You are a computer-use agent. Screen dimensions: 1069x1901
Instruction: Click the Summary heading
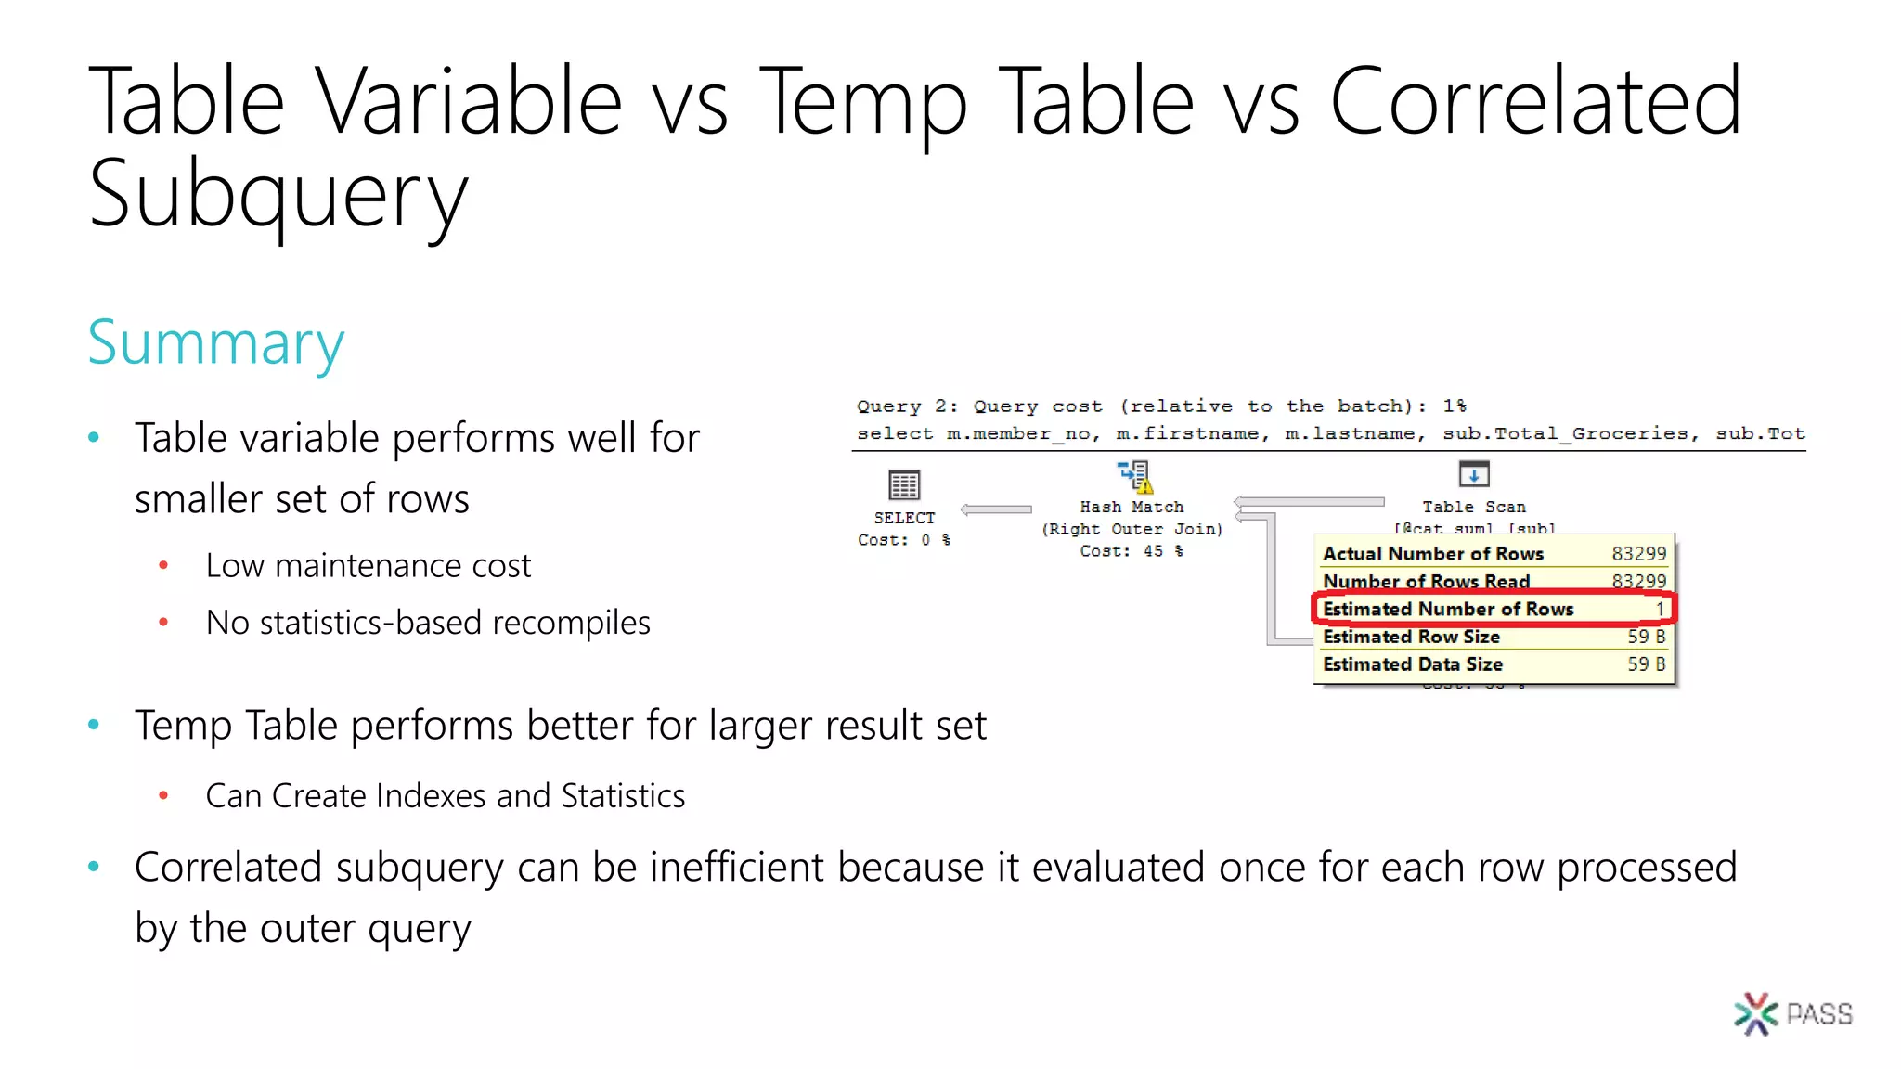click(x=215, y=342)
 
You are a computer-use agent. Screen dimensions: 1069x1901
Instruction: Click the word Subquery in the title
click(x=278, y=195)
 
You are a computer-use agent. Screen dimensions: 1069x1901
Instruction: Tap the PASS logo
click(x=1792, y=1013)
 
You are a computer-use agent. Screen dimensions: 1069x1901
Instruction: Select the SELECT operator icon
click(x=903, y=484)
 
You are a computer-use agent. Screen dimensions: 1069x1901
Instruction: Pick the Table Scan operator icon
click(x=1473, y=474)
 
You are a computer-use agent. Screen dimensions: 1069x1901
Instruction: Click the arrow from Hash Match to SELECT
click(x=996, y=509)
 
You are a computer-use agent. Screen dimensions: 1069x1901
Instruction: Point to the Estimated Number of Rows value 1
click(x=1659, y=609)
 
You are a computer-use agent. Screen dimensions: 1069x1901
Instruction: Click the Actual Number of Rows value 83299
click(x=1638, y=554)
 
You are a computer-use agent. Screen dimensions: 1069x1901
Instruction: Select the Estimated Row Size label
click(x=1411, y=637)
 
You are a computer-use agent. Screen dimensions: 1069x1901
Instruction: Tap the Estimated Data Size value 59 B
click(x=1646, y=664)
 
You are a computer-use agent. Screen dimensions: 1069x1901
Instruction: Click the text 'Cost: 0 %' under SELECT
click(x=903, y=540)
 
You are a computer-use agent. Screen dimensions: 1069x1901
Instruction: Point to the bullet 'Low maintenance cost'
click(x=368, y=566)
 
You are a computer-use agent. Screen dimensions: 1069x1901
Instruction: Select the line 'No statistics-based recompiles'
click(x=427, y=623)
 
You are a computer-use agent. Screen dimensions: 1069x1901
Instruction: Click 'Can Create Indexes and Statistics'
click(x=445, y=796)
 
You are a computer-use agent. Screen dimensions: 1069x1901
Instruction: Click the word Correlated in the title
click(x=1535, y=102)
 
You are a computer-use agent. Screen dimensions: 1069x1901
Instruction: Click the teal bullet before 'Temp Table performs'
click(x=94, y=725)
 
